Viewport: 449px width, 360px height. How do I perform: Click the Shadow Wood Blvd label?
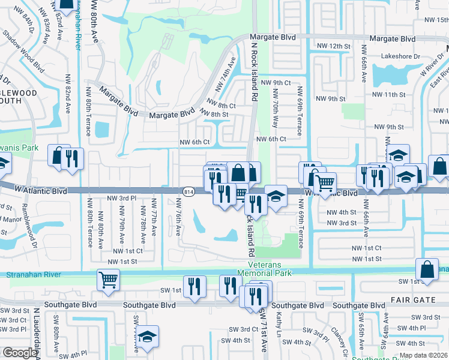click(31, 50)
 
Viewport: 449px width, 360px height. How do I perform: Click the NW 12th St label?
click(333, 46)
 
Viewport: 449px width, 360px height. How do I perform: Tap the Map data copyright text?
click(424, 355)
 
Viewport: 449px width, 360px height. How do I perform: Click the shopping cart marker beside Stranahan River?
click(108, 279)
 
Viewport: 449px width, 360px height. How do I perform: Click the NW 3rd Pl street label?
click(122, 198)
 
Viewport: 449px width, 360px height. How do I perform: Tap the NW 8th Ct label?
click(221, 105)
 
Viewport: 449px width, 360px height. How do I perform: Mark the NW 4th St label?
click(341, 212)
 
